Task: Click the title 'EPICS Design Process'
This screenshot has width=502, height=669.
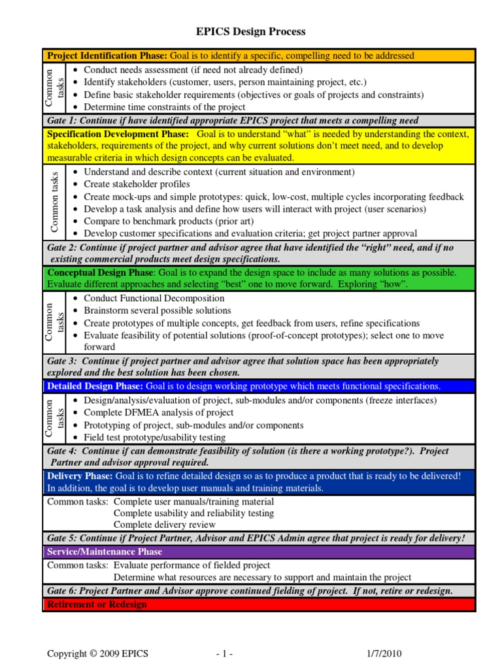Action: pyautogui.click(x=251, y=31)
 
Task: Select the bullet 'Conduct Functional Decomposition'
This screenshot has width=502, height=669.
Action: pyautogui.click(x=154, y=298)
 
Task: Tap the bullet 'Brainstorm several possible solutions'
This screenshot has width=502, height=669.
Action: pyautogui.click(x=158, y=310)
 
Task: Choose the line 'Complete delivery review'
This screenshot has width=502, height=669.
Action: pyautogui.click(x=164, y=525)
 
